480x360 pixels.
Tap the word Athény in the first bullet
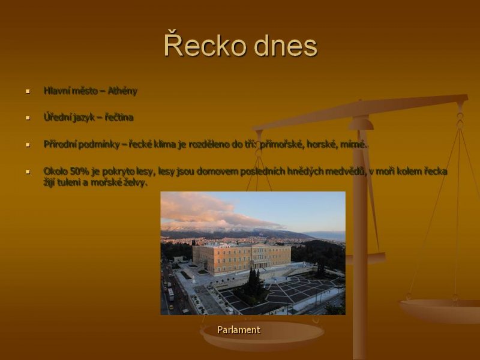click(x=122, y=91)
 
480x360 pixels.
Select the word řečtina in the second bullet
click(x=119, y=118)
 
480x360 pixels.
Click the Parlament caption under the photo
click(x=239, y=329)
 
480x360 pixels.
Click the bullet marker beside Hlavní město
click(x=28, y=91)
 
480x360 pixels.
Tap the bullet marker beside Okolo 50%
click(x=28, y=172)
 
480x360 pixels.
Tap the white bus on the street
click(x=171, y=294)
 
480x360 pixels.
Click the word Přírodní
click(x=59, y=144)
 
